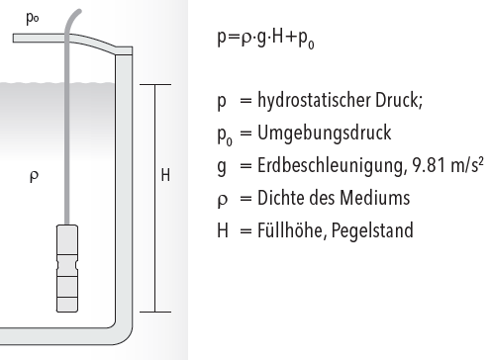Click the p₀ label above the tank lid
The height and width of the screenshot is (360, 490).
[x=33, y=19]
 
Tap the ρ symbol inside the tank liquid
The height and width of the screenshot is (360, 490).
[x=34, y=176]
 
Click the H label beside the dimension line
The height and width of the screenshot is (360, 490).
[x=165, y=175]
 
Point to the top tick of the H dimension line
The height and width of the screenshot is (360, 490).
[x=155, y=84]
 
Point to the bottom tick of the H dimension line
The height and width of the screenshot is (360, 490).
[x=155, y=312]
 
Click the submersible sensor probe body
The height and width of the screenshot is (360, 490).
[x=67, y=268]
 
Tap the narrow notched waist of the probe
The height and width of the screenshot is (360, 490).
[x=67, y=265]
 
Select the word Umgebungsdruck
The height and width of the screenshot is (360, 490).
[x=324, y=134]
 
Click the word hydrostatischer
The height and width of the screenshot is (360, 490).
[x=315, y=100]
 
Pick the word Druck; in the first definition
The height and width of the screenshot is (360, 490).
[x=399, y=100]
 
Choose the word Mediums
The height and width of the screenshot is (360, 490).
[x=375, y=198]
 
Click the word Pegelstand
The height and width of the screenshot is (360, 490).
[x=372, y=230]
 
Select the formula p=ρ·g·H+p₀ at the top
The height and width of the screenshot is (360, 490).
[x=266, y=39]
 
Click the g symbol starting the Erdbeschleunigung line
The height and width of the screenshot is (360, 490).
[x=222, y=167]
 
